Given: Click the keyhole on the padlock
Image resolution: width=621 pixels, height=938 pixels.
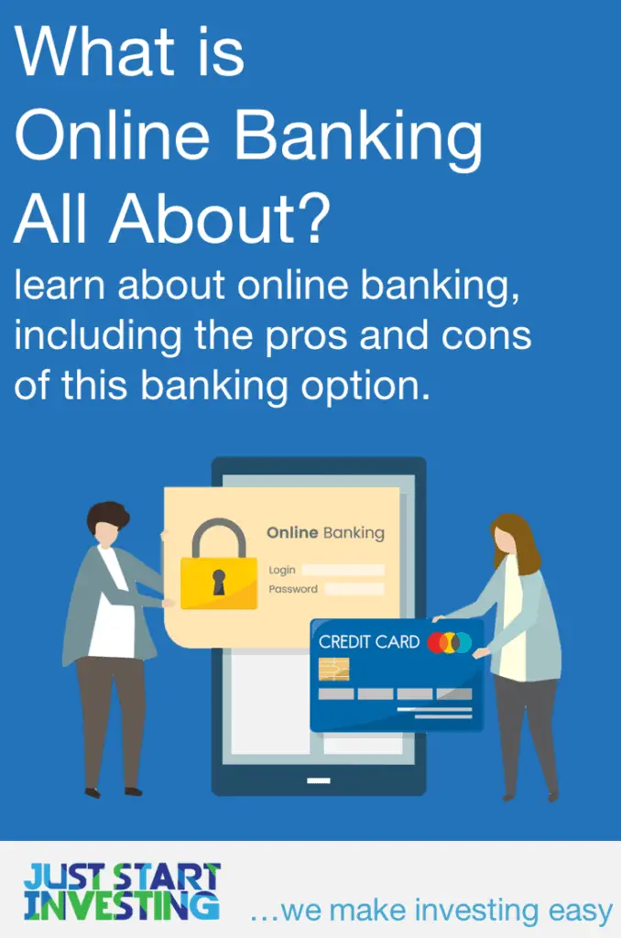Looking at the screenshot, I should click(x=218, y=581).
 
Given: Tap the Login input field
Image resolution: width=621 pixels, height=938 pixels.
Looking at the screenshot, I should click(x=343, y=570).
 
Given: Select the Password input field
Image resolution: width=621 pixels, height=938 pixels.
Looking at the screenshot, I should click(x=354, y=589).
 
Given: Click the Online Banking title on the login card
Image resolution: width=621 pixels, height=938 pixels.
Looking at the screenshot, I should click(x=325, y=532).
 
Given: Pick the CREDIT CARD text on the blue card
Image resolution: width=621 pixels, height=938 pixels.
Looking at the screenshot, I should click(x=369, y=642).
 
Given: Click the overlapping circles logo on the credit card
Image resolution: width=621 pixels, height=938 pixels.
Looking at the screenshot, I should click(x=449, y=643).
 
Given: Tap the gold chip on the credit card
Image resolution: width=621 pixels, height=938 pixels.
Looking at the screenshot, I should click(x=333, y=669).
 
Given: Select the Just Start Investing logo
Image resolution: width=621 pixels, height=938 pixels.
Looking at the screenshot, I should click(x=122, y=890).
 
